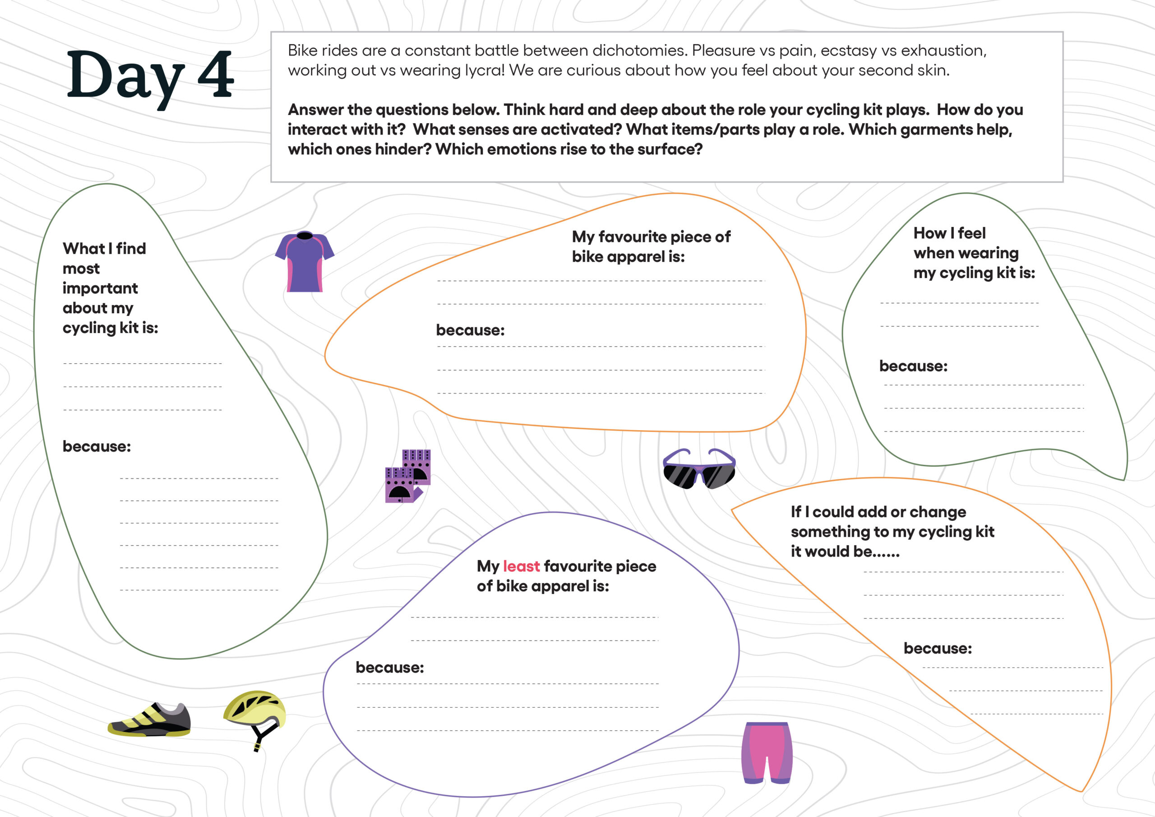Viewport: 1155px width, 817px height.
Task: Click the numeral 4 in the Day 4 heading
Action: [x=215, y=74]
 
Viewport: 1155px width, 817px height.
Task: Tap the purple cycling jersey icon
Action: [x=305, y=262]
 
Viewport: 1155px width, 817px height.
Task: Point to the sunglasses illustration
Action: [x=699, y=469]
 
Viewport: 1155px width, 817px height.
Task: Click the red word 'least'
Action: [x=521, y=566]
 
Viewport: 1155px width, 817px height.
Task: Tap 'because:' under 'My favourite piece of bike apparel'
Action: [x=470, y=330]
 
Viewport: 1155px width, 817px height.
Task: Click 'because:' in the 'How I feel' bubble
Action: [x=913, y=366]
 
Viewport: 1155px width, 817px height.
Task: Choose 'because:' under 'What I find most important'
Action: [x=97, y=446]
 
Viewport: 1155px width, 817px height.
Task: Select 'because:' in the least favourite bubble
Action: [x=389, y=668]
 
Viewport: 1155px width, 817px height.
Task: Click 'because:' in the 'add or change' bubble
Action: [x=938, y=648]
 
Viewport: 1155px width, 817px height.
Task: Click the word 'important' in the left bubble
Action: [x=100, y=288]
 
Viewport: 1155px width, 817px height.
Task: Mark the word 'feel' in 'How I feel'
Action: [x=971, y=233]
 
